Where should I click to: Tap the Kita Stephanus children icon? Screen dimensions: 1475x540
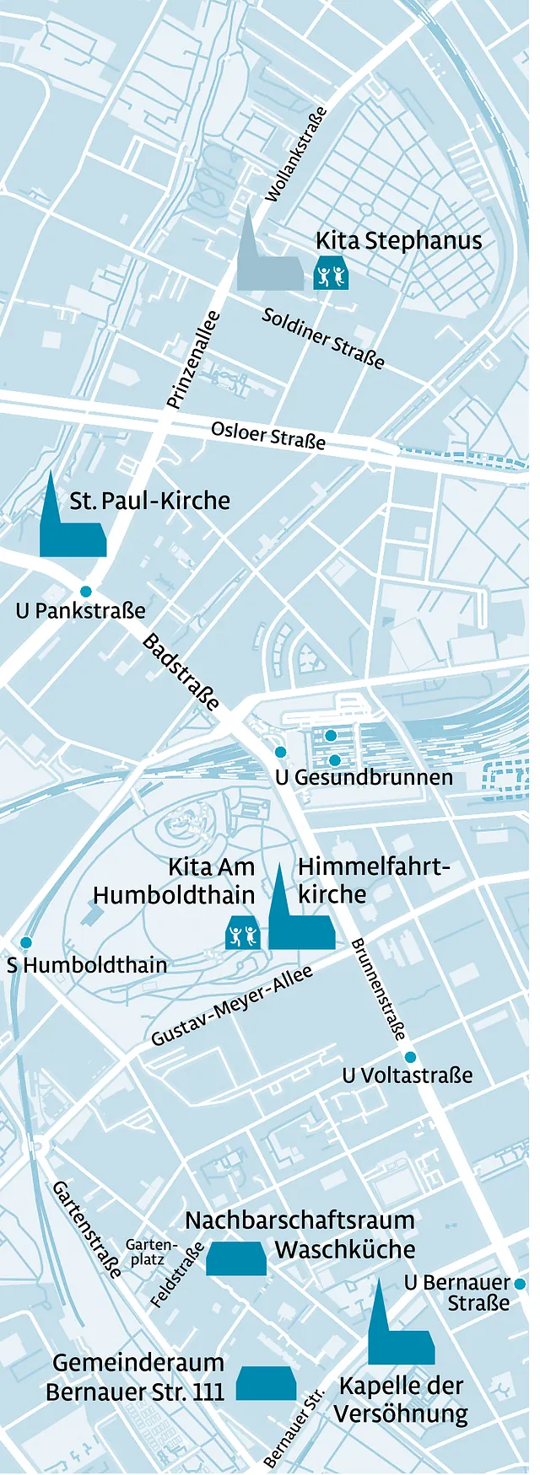pos(331,275)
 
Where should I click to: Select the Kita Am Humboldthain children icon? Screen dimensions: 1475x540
pos(242,935)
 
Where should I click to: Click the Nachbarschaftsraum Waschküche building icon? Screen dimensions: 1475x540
pos(236,1258)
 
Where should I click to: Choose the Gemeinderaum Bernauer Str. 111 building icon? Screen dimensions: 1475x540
pos(266,1383)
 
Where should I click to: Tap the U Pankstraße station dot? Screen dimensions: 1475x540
pos(86,591)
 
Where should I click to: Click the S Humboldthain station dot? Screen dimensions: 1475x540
pos(26,942)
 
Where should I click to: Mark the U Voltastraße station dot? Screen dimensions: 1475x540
pos(410,1057)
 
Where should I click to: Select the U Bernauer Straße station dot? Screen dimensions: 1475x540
pos(520,1284)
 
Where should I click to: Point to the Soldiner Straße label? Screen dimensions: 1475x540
pos(323,338)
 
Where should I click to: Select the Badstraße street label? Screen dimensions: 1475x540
pos(181,672)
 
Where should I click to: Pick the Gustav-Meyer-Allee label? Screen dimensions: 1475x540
pos(232,1006)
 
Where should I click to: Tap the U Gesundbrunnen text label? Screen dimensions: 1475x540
pos(364,777)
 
